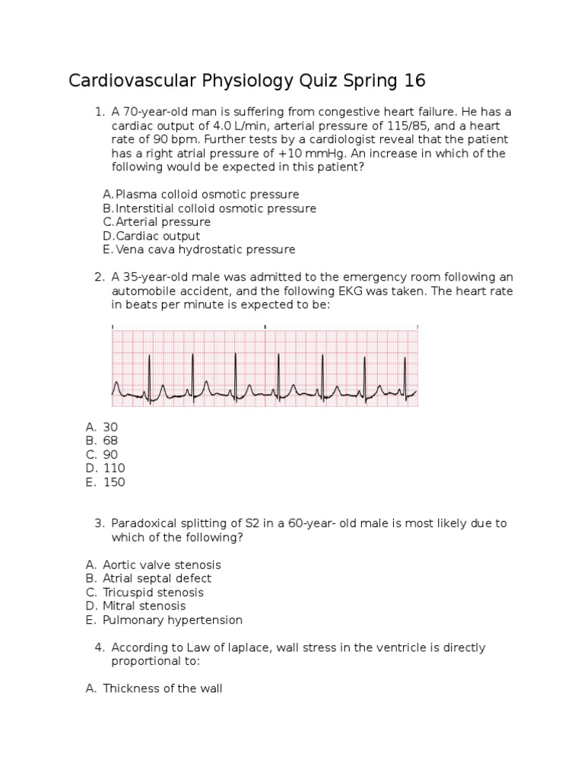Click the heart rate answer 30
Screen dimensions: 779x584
tap(110, 428)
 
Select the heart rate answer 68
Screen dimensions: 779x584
tap(110, 441)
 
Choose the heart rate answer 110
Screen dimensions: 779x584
tap(114, 469)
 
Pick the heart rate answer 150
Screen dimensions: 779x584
tap(114, 482)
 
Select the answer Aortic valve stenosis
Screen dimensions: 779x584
tap(162, 565)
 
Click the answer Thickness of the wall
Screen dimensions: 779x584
tap(162, 689)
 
